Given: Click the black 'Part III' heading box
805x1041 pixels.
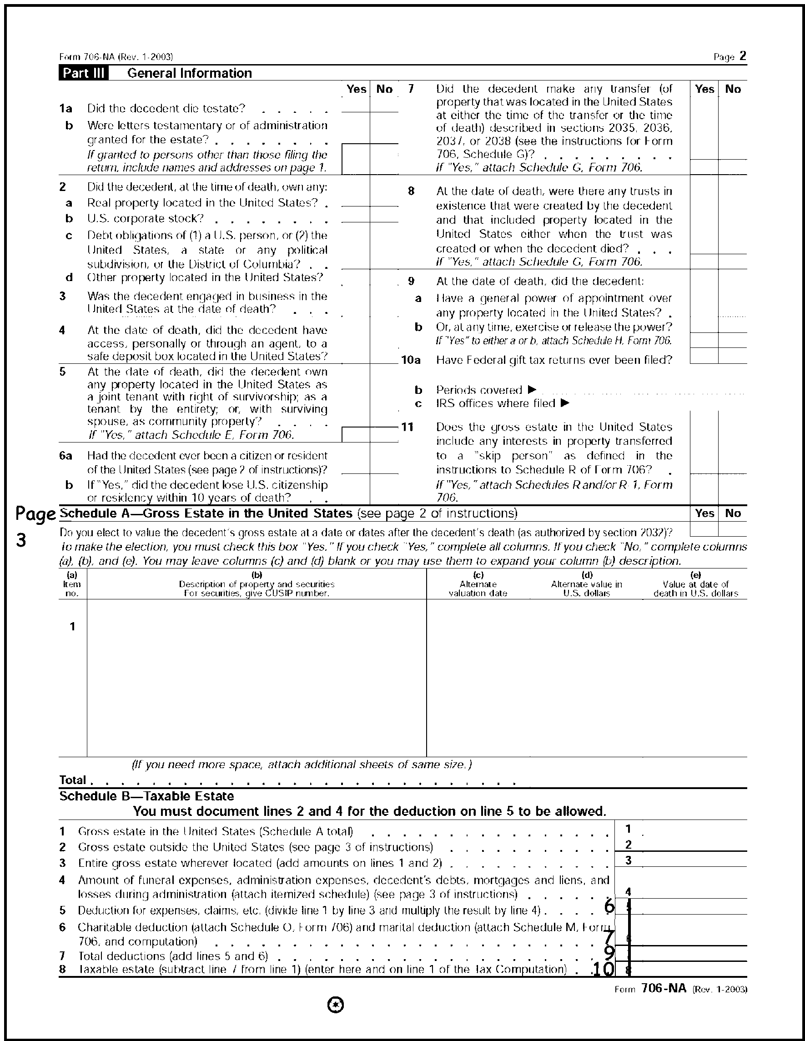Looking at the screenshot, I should click(x=83, y=73).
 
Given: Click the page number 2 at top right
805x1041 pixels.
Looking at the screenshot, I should click(x=743, y=56).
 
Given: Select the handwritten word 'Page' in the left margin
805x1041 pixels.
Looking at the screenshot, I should click(x=35, y=515).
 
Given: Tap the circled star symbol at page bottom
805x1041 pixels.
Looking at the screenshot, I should click(x=336, y=1005).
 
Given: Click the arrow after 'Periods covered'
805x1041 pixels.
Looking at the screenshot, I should click(x=533, y=389).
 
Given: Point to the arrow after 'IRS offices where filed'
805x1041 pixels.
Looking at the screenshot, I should click(x=565, y=403).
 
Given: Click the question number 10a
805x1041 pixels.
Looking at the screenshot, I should click(x=411, y=360).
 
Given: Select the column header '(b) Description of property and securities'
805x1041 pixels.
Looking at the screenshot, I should click(x=257, y=584).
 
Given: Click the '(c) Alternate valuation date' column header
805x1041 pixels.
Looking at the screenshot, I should click(x=478, y=584).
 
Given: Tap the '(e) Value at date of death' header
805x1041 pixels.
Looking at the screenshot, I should click(x=695, y=584).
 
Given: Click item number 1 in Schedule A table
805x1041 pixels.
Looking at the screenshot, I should click(x=72, y=627).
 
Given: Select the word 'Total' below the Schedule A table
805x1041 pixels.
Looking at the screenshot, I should click(x=72, y=780).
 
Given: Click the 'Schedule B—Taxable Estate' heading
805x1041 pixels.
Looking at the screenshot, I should click(x=146, y=796).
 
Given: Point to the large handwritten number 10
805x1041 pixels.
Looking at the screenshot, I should click(x=603, y=969).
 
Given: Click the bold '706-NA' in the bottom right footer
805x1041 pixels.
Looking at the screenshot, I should click(x=664, y=988).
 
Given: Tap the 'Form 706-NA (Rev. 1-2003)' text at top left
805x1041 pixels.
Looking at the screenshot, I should click(x=116, y=57).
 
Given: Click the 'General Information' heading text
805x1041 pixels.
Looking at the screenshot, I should click(x=190, y=73).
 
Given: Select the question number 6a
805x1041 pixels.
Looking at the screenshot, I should click(x=66, y=456).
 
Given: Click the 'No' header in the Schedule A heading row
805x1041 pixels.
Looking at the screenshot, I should click(x=733, y=513).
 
